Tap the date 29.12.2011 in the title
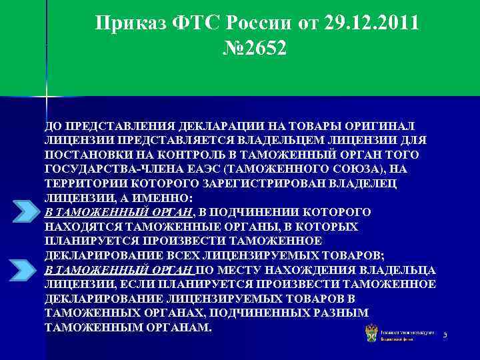pyautogui.click(x=373, y=24)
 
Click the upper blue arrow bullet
pyautogui.click(x=28, y=211)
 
